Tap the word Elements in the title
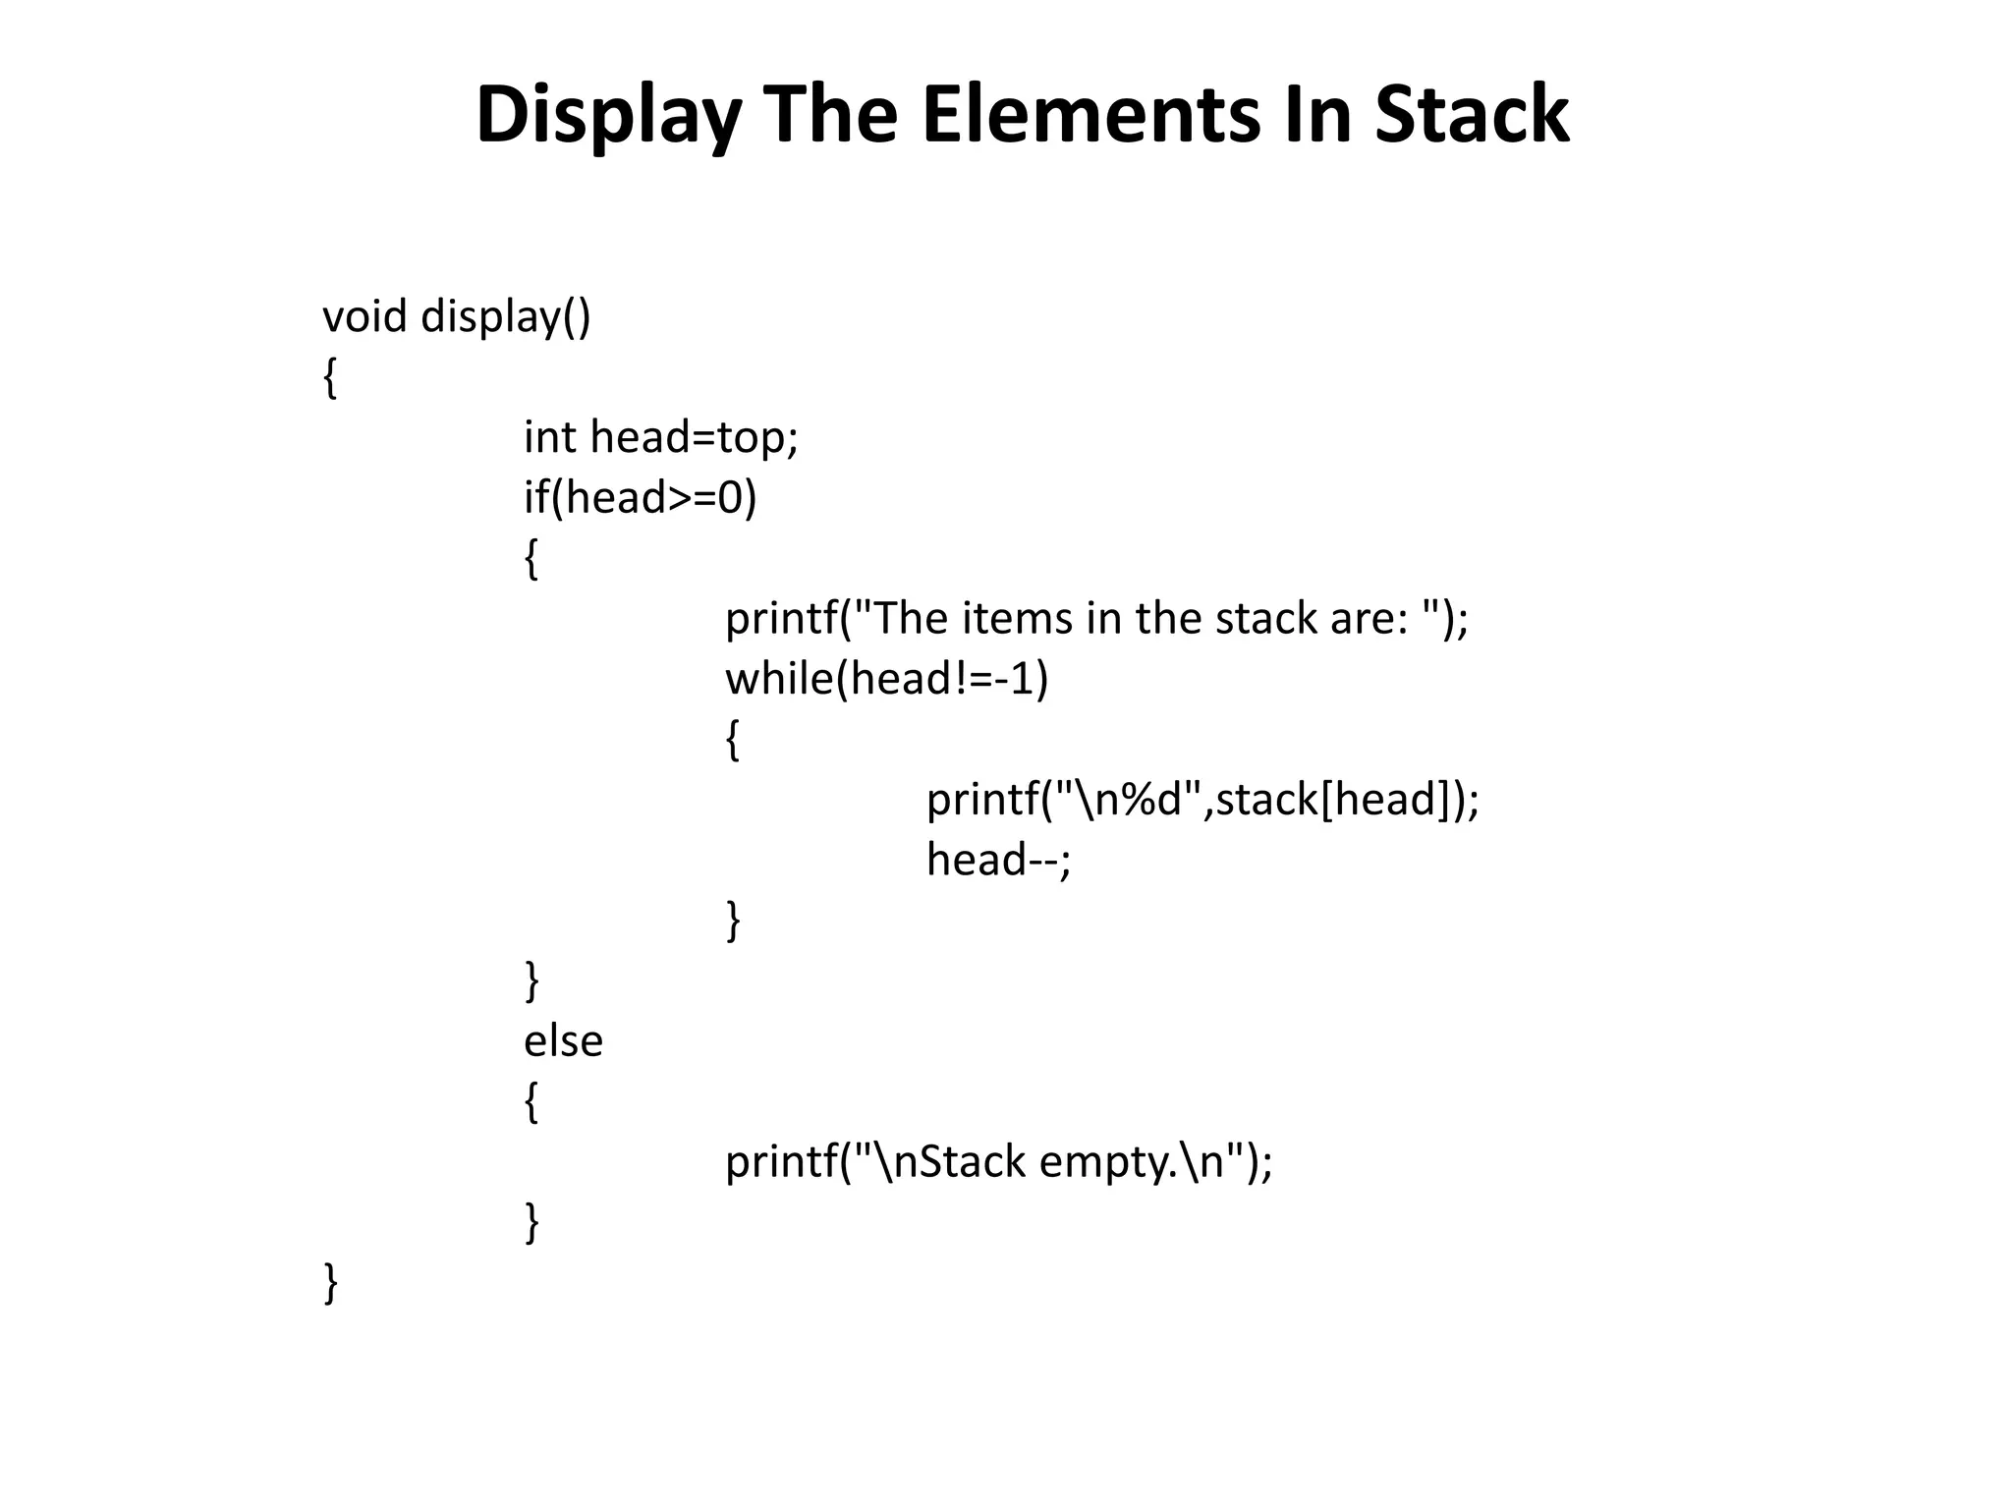click(1090, 116)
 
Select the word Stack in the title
click(1471, 116)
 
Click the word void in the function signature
click(364, 316)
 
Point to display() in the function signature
click(506, 316)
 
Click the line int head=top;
click(661, 437)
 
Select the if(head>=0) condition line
click(641, 497)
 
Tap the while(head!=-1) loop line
click(887, 679)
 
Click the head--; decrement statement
click(999, 860)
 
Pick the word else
click(563, 1041)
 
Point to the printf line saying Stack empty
click(999, 1162)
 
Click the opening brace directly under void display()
click(330, 377)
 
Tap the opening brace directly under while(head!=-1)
click(733, 740)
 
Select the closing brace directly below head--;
click(733, 921)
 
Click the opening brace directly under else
click(531, 1101)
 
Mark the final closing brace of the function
click(330, 1283)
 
